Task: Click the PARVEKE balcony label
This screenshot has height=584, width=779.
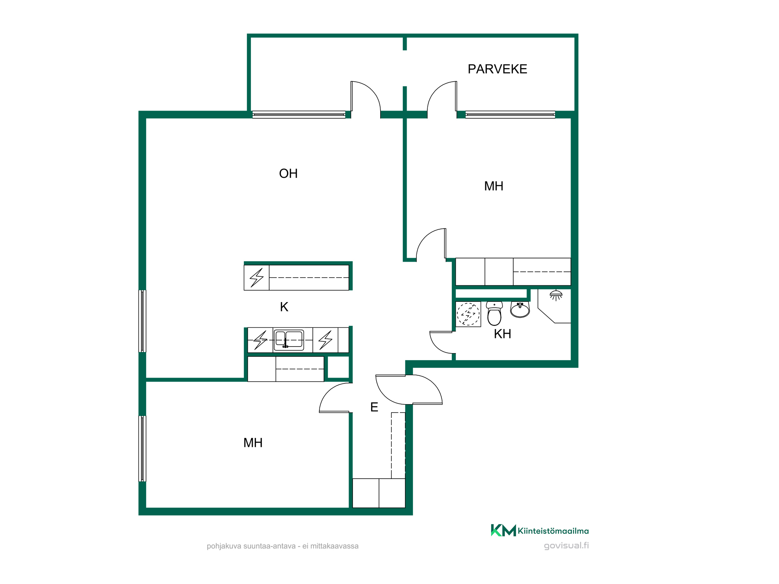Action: tap(497, 69)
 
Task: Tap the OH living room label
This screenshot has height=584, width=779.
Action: tap(288, 174)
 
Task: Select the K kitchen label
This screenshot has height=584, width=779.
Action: tap(284, 307)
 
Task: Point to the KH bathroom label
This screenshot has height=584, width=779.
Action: tap(502, 334)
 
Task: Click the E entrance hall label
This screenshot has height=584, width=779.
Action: tap(374, 407)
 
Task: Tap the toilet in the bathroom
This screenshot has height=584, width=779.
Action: tap(494, 313)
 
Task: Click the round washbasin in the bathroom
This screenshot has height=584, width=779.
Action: tap(520, 310)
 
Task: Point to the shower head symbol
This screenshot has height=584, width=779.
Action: tap(556, 295)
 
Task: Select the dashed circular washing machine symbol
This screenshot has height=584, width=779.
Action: tap(468, 314)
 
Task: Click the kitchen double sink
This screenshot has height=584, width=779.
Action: tap(289, 340)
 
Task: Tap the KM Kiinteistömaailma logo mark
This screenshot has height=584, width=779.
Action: tap(503, 530)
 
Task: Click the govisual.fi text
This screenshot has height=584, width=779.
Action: tap(566, 545)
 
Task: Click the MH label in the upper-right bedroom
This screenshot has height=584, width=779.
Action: tap(493, 186)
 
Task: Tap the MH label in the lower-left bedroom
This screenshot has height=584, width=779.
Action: tap(253, 443)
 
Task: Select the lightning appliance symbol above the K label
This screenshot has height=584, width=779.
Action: tap(256, 278)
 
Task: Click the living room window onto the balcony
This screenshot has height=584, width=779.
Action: tap(299, 114)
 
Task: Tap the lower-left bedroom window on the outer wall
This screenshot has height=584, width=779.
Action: tap(142, 449)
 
